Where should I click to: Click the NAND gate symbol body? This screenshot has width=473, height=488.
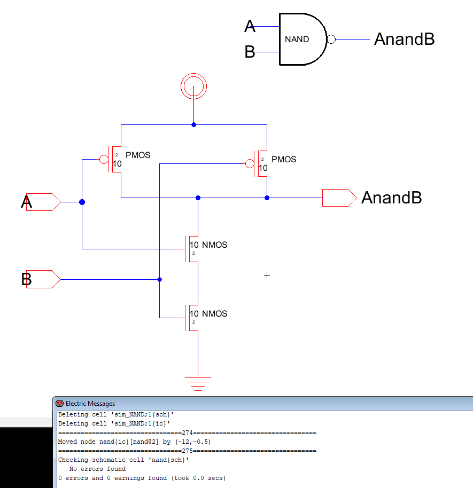click(300, 40)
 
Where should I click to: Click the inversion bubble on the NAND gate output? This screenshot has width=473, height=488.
click(331, 40)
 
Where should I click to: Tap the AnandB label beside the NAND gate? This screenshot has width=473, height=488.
click(404, 39)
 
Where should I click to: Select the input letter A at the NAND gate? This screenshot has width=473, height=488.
click(250, 26)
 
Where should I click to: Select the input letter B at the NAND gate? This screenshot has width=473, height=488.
click(250, 52)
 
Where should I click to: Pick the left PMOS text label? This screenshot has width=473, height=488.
click(138, 155)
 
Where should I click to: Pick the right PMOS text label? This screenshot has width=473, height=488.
click(283, 160)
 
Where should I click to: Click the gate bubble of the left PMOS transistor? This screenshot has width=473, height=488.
click(104, 159)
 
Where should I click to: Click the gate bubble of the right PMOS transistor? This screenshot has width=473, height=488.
click(249, 163)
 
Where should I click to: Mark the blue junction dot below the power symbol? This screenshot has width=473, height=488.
click(193, 124)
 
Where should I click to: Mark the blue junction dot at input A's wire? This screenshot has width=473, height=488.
click(82, 202)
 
